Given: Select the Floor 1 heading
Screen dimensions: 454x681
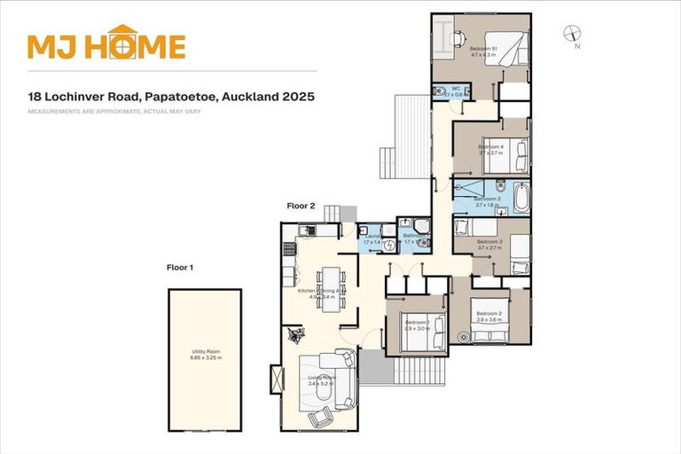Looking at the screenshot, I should coord(180,266).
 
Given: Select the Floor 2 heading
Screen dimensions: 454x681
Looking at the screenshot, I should coord(301,206).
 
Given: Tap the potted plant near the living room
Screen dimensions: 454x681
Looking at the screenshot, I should coord(294,335).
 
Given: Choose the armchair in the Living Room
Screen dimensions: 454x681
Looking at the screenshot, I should coord(319,417).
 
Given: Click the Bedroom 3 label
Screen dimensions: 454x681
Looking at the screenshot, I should coord(489,241).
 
